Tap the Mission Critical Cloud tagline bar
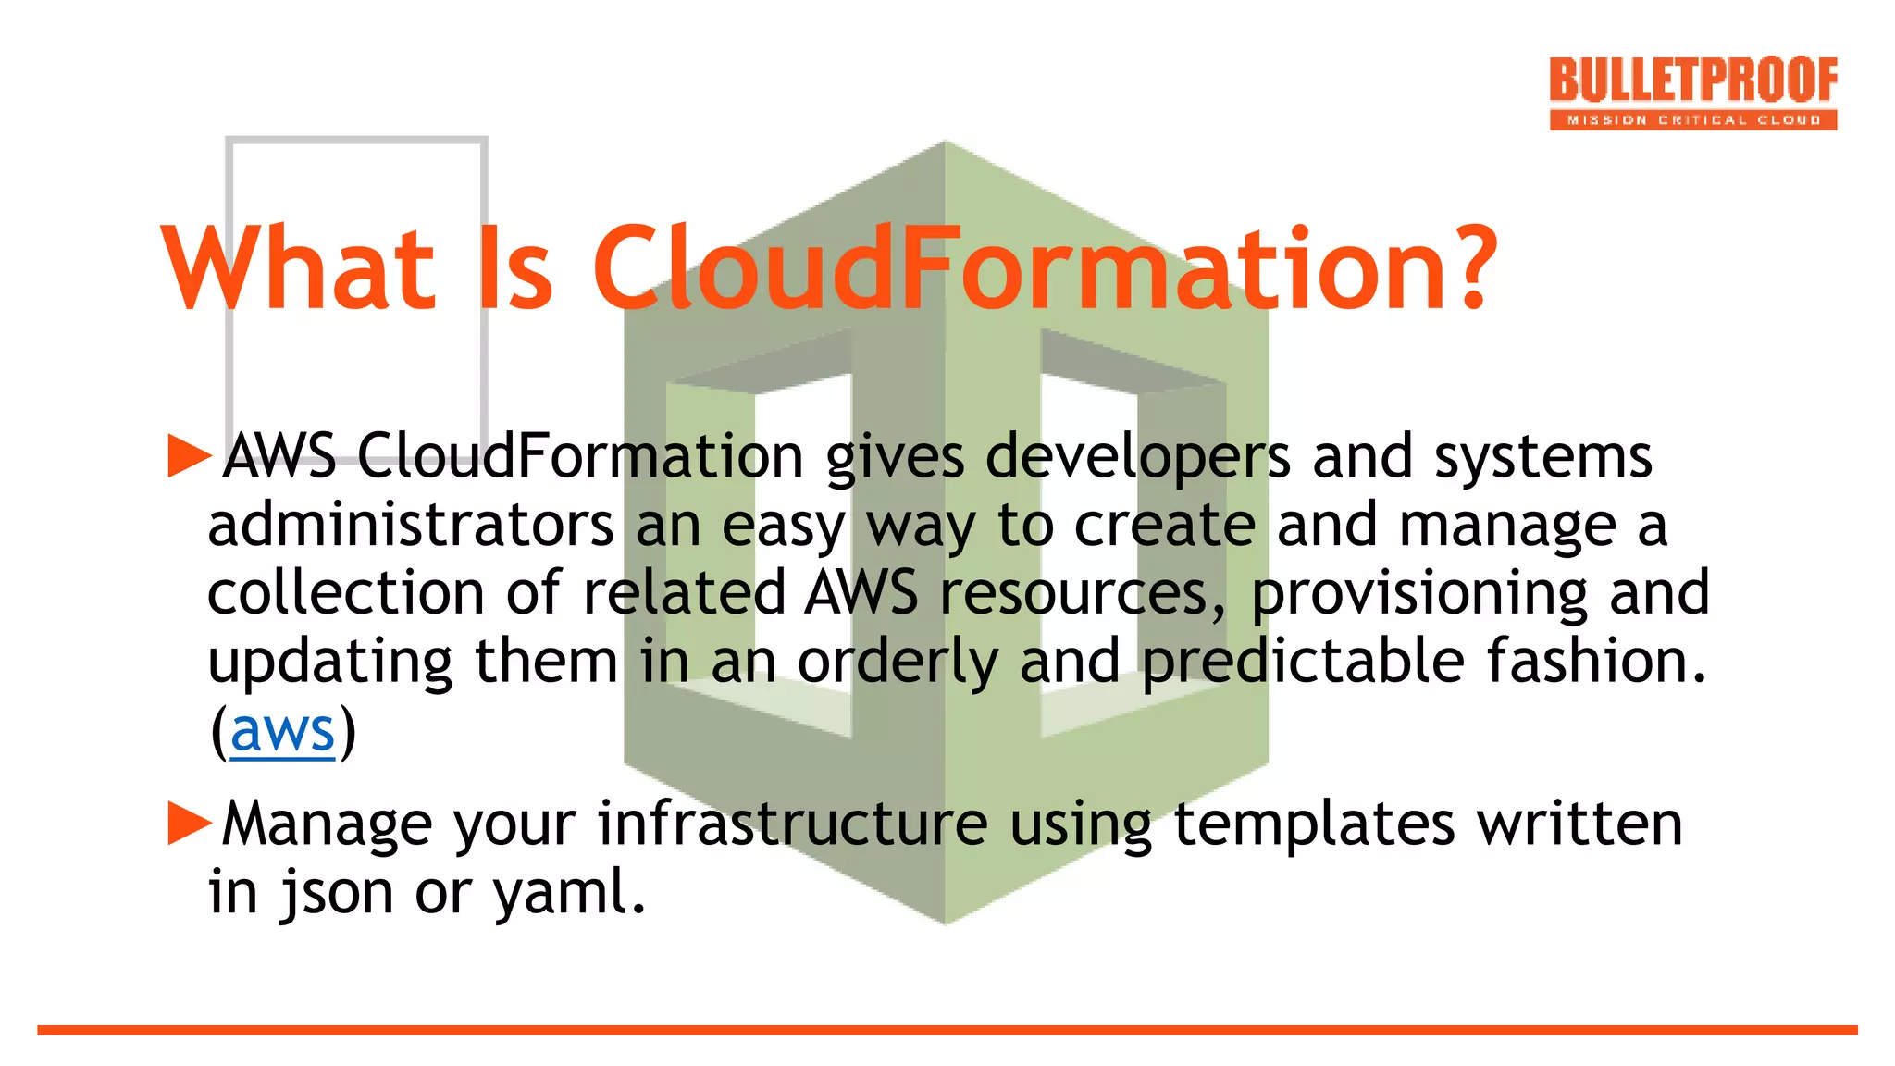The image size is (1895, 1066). pyautogui.click(x=1692, y=120)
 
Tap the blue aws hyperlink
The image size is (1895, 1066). pyautogui.click(x=282, y=731)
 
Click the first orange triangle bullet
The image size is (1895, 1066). pyautogui.click(x=190, y=456)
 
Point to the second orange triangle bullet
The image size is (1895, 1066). pyautogui.click(x=190, y=823)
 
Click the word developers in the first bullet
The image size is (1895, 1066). pyautogui.click(x=1137, y=458)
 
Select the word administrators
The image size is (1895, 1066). pyautogui.click(x=411, y=526)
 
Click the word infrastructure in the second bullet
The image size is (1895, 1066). pyautogui.click(x=792, y=823)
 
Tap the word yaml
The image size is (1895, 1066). pyautogui.click(x=568, y=893)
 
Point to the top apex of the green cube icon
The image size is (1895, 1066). pyautogui.click(x=945, y=143)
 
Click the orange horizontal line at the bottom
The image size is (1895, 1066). pyautogui.click(x=947, y=1029)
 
